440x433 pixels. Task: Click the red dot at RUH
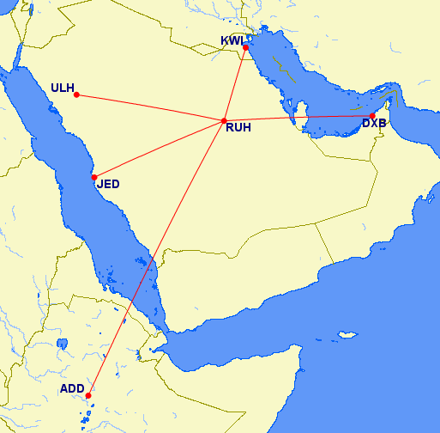(x=224, y=121)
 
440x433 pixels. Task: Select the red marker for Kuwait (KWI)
(x=246, y=47)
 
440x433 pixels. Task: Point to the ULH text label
(x=62, y=88)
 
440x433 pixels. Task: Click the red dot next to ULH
(x=76, y=94)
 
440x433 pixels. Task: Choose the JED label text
(x=108, y=184)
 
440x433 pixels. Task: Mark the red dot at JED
(x=94, y=177)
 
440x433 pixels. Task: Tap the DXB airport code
(x=374, y=123)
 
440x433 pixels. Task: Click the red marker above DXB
(x=372, y=115)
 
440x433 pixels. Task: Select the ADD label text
(x=72, y=389)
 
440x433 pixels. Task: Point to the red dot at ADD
(x=88, y=395)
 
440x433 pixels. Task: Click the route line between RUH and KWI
(x=235, y=84)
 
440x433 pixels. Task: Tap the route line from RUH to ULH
(x=150, y=107)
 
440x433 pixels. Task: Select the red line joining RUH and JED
(x=159, y=149)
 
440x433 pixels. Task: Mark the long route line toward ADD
(x=156, y=258)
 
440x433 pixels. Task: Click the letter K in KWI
(x=226, y=41)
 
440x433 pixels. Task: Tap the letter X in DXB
(x=374, y=123)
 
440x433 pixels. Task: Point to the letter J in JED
(x=100, y=184)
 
